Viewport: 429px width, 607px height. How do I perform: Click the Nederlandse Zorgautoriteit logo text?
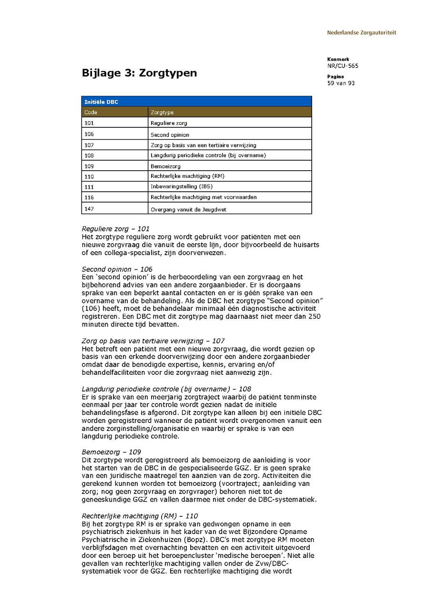click(361, 33)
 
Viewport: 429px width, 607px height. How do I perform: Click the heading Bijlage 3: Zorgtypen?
click(139, 73)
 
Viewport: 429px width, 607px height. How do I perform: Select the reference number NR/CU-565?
click(343, 66)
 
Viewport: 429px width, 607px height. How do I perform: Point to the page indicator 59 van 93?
click(341, 83)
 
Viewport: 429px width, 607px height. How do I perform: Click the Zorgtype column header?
click(162, 113)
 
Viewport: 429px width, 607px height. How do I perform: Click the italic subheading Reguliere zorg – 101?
click(115, 229)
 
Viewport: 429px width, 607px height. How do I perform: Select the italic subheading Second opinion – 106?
click(117, 269)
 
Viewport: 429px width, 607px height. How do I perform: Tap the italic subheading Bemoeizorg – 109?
click(111, 452)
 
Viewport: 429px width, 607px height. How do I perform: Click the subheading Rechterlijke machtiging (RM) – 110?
click(140, 516)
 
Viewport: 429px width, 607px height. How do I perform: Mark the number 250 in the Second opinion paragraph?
click(315, 317)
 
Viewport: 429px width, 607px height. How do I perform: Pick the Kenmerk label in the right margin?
click(338, 59)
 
